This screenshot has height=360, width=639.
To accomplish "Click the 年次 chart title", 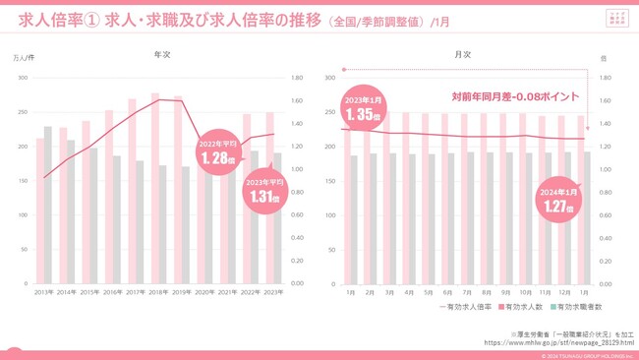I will [162, 55].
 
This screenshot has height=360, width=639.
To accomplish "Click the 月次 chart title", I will [462, 55].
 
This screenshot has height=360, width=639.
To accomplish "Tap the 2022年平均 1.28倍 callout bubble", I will [216, 152].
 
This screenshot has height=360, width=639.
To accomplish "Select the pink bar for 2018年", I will [155, 187].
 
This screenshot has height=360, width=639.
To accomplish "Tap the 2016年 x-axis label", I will [112, 292].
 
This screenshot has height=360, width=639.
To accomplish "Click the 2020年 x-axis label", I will [203, 292].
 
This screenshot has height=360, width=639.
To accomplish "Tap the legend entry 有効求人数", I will [516, 308].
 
